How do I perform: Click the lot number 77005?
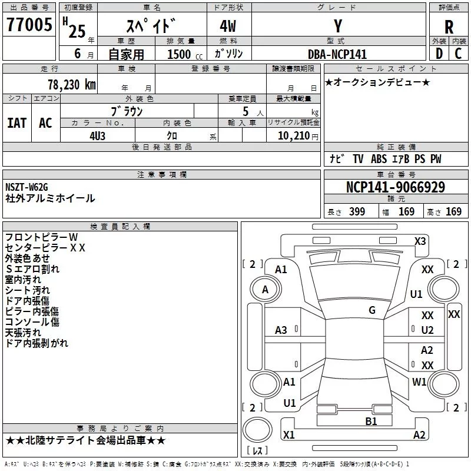(29, 26)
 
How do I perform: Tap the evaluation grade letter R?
(449, 26)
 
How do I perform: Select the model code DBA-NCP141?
(337, 54)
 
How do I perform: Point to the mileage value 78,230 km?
(71, 85)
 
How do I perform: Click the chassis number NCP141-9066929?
(395, 187)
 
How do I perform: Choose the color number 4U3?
(97, 135)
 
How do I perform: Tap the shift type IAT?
(16, 122)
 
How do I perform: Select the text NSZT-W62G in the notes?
(27, 187)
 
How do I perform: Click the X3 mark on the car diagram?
(420, 241)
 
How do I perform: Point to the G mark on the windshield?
(372, 310)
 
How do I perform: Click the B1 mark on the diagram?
(371, 421)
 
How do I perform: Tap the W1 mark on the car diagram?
(419, 382)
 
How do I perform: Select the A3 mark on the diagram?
(281, 330)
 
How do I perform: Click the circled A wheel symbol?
(265, 290)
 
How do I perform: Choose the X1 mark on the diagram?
(288, 435)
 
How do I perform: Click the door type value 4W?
(229, 26)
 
